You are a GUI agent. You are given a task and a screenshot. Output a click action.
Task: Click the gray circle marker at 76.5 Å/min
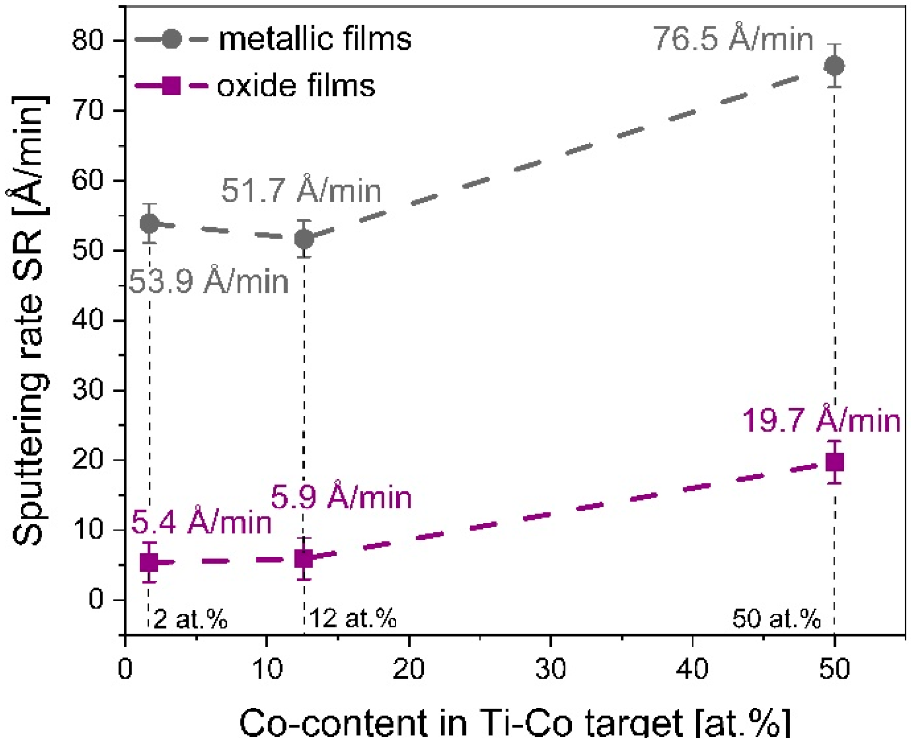[834, 66]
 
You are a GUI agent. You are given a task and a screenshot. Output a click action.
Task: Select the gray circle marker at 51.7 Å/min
[304, 239]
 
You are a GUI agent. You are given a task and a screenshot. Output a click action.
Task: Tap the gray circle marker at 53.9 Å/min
[149, 223]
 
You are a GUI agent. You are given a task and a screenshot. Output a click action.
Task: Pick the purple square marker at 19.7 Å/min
[835, 462]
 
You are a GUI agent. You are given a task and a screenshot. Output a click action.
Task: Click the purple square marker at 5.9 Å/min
[303, 559]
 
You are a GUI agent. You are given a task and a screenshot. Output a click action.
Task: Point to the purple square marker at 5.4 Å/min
[149, 562]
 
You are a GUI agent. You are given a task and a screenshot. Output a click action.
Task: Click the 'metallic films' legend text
[315, 39]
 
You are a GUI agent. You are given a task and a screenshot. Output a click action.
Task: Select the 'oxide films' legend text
[296, 86]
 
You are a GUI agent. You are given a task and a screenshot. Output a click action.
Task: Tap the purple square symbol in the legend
[171, 86]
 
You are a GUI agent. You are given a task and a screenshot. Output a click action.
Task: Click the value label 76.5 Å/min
[733, 38]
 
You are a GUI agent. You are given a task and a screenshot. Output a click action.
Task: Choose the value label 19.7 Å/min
[821, 420]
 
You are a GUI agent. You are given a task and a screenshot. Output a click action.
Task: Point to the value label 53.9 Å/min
[209, 281]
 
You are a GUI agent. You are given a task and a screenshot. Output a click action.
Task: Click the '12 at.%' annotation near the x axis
[353, 618]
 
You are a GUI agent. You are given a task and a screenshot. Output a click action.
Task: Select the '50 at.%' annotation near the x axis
[777, 618]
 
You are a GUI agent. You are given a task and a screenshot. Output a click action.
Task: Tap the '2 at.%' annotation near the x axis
[190, 618]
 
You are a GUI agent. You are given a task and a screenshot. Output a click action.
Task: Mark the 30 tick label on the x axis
[551, 669]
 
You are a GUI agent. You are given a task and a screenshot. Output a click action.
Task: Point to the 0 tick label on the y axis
[96, 599]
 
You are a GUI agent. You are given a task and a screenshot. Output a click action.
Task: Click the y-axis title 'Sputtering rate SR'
[29, 320]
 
